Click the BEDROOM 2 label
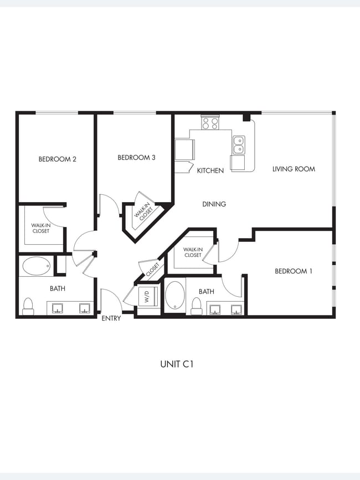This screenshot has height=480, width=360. (57, 159)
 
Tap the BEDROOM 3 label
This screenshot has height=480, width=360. (136, 158)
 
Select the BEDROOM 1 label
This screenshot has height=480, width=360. (294, 271)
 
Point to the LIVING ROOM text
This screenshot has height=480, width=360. (294, 169)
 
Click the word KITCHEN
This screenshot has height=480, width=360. (210, 171)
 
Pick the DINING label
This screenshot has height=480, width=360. (214, 204)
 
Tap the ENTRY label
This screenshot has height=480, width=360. (111, 318)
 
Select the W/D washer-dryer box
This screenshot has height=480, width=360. (146, 296)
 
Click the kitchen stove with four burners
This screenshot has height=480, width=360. (210, 123)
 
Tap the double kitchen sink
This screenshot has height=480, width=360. (239, 145)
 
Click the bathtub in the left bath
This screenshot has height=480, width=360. (37, 266)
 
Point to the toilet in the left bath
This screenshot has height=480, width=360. (28, 306)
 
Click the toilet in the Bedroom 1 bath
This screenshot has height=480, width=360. (196, 306)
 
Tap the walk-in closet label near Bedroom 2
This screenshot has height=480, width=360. (40, 228)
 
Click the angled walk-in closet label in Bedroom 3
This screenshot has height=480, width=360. (143, 210)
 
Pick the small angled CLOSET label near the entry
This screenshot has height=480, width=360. (152, 271)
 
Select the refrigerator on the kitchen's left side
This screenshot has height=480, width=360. (184, 149)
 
